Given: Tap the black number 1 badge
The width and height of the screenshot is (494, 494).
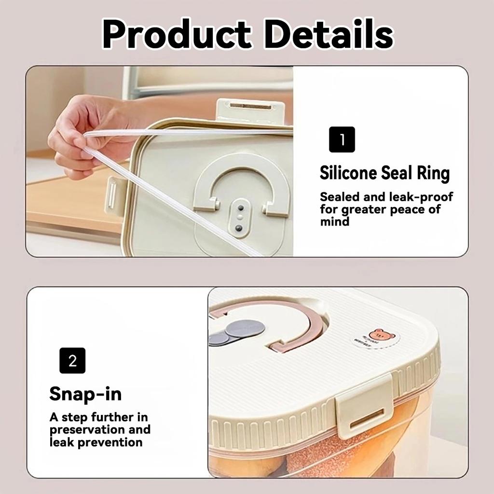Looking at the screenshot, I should [342, 139].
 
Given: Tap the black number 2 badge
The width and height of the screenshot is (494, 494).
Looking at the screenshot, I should [72, 360].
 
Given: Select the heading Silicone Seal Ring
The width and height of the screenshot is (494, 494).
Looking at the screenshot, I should [384, 173].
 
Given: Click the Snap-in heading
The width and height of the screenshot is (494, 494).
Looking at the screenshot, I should [85, 394].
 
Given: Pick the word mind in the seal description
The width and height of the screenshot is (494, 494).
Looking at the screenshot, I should [334, 222].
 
